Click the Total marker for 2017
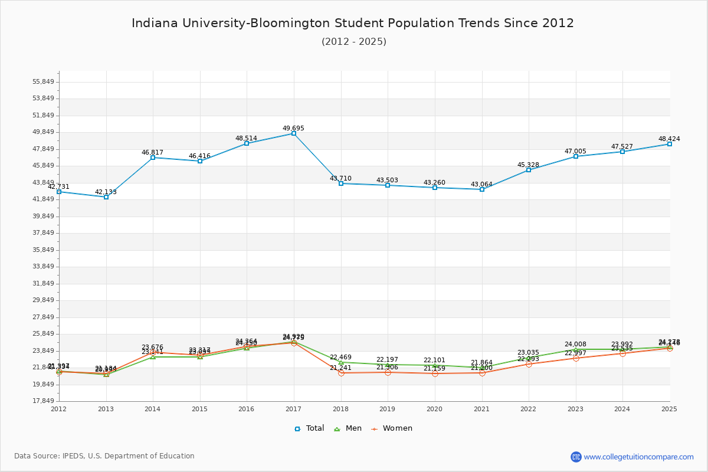[x=294, y=133]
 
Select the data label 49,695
[x=294, y=128]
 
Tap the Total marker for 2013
[x=106, y=197]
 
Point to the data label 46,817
[x=152, y=152]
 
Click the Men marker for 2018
[x=341, y=362]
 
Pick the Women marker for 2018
[x=341, y=373]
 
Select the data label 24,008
[x=576, y=344]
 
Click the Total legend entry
[x=309, y=428]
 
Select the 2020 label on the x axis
[x=435, y=408]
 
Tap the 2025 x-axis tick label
[x=670, y=408]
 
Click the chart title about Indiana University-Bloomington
[x=353, y=23]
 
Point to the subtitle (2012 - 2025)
[x=354, y=41]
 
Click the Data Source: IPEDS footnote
[x=104, y=456]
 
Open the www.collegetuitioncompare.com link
[x=638, y=457]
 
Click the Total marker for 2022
[x=529, y=170]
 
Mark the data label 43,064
[x=482, y=184]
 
